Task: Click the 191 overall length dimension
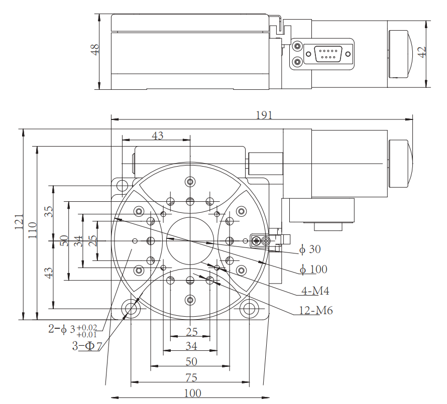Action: (x=264, y=115)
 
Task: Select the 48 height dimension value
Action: (x=95, y=49)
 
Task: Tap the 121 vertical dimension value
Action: (x=20, y=221)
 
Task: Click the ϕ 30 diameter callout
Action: (x=310, y=249)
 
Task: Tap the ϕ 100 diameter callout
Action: (x=313, y=270)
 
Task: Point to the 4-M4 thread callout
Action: (x=315, y=291)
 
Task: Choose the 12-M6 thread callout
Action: (x=316, y=311)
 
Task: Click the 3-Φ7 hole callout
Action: (x=87, y=346)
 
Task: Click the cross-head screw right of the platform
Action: (x=258, y=241)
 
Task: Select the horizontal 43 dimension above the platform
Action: (x=158, y=136)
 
